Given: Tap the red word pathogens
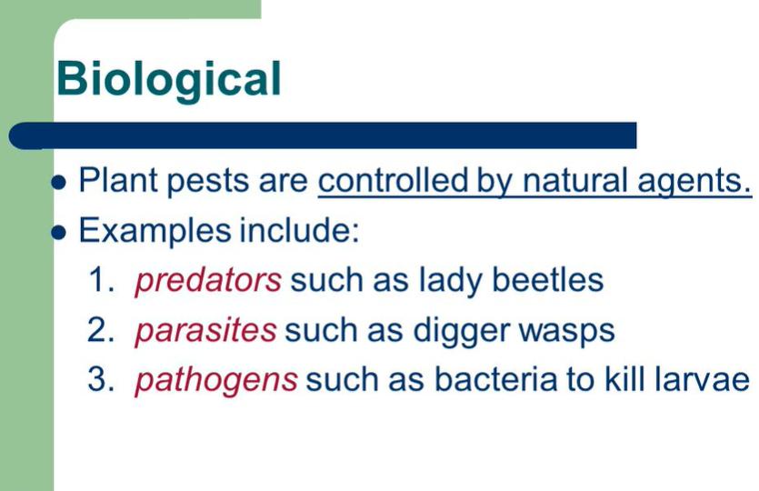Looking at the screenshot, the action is (216, 382).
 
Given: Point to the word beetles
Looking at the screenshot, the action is (547, 280).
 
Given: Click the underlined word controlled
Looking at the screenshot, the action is (393, 180).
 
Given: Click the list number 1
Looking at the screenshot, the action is (102, 280).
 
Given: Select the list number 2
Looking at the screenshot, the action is (101, 330).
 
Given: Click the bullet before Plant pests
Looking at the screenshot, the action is (58, 183).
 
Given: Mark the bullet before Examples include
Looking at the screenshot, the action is (58, 233).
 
